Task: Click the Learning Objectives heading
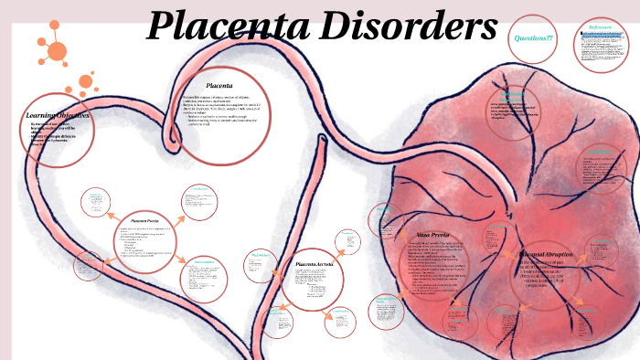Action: (57, 116)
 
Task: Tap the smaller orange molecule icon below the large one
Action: (86, 82)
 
